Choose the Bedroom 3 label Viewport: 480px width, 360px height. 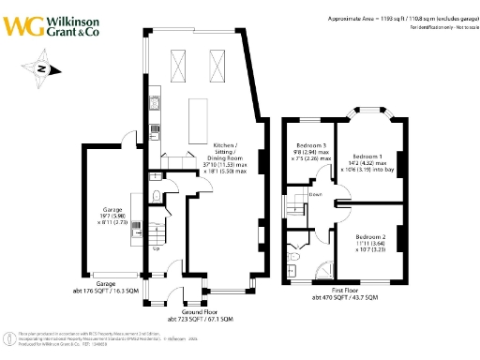[312, 146]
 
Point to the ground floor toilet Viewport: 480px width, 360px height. [153, 196]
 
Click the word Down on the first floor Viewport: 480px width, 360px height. [318, 196]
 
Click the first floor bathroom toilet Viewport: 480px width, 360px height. [294, 255]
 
